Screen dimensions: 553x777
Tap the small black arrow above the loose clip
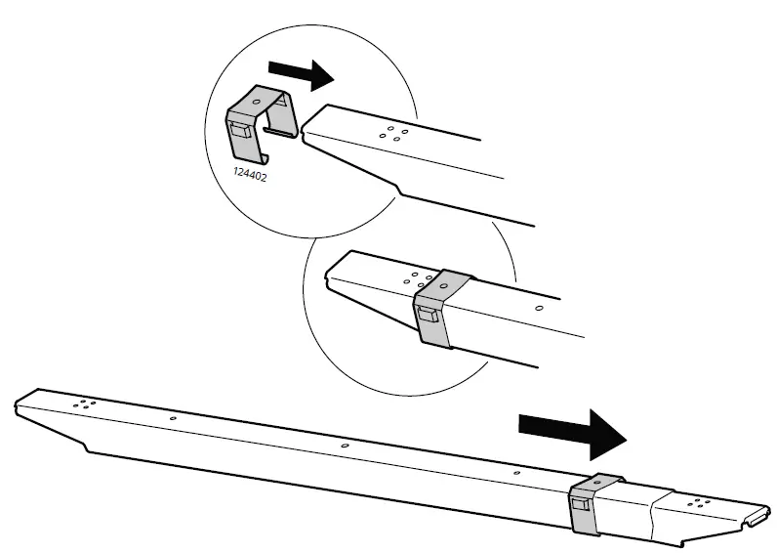pos(300,70)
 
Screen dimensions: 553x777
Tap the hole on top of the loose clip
pos(256,101)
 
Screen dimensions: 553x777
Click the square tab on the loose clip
pos(239,131)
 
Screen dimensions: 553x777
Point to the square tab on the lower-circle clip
pos(428,315)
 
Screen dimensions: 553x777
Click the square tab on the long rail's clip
pos(581,505)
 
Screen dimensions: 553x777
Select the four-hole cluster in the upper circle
pos(396,132)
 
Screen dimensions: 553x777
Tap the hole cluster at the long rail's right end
pos(698,503)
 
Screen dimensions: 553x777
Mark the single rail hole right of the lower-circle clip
pos(539,308)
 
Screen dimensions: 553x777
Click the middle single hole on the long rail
pos(346,446)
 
